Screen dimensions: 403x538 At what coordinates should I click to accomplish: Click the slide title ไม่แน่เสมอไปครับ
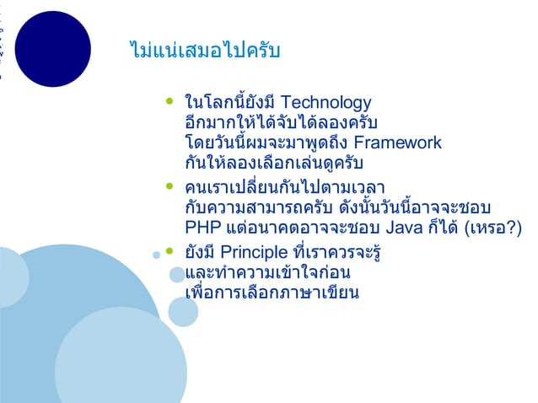tap(200, 51)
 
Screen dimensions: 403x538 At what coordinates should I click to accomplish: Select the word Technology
tap(324, 103)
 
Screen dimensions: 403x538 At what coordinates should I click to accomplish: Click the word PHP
tap(202, 227)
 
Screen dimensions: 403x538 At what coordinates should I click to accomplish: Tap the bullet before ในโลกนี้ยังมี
tap(169, 104)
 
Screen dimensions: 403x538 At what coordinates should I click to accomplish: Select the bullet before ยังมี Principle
tap(169, 252)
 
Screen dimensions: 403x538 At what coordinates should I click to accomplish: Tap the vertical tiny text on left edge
tap(3, 42)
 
